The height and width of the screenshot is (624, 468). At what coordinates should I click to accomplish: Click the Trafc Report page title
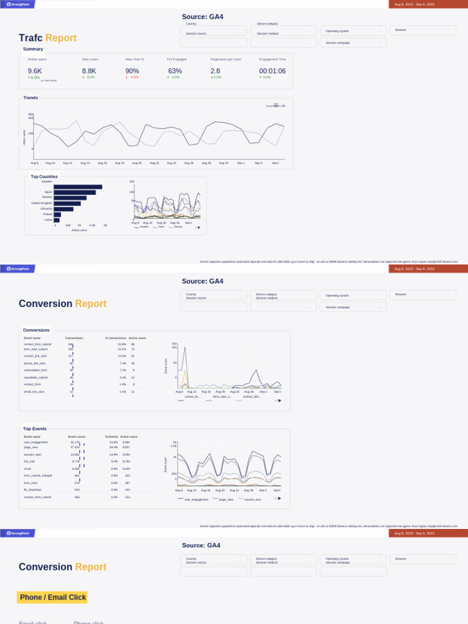(x=48, y=38)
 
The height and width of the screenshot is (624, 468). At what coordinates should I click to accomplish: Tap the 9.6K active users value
(x=35, y=71)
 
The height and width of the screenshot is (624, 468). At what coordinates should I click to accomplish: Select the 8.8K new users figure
(x=89, y=71)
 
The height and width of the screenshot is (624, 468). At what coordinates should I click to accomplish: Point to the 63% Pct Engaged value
(x=175, y=71)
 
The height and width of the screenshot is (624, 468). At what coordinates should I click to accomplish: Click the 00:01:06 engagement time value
(x=272, y=71)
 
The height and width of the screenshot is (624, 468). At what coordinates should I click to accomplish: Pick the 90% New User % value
(x=132, y=71)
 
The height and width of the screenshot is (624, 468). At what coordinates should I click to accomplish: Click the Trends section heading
(x=30, y=98)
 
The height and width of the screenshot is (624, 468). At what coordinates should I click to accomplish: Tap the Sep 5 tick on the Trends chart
(x=275, y=163)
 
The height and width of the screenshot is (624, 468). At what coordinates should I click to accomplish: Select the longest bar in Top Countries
(x=78, y=187)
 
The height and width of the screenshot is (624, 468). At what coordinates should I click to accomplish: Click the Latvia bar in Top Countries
(x=57, y=220)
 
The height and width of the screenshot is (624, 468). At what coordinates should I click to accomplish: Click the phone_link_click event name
(x=35, y=363)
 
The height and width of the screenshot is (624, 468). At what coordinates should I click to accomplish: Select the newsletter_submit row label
(x=35, y=377)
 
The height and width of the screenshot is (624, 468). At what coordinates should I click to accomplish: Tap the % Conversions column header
(x=115, y=338)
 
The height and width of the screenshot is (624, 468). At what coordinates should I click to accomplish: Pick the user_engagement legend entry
(x=196, y=499)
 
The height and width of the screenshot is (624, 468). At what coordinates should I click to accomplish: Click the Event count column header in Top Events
(x=77, y=436)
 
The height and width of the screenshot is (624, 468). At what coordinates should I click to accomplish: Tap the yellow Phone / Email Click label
(x=52, y=597)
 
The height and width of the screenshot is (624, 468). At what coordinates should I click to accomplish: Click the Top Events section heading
(x=35, y=429)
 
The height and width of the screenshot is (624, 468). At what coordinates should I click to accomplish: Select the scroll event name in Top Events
(x=27, y=469)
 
